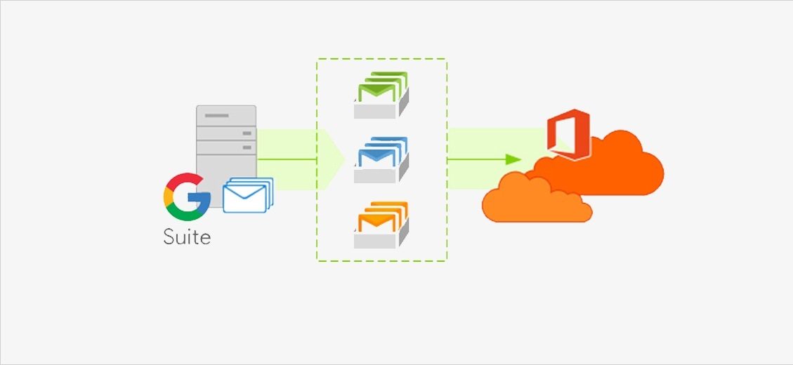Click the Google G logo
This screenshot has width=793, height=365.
pyautogui.click(x=187, y=197)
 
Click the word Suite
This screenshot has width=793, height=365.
pyautogui.click(x=187, y=237)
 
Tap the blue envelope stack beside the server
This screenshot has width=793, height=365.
pyautogui.click(x=248, y=195)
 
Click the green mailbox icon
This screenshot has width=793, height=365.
pyautogui.click(x=381, y=95)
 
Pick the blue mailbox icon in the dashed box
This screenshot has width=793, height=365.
pyautogui.click(x=381, y=160)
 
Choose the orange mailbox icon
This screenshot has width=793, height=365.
pyautogui.click(x=381, y=225)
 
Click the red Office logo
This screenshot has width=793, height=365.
pyautogui.click(x=569, y=135)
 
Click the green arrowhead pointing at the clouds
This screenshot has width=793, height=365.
pyautogui.click(x=513, y=159)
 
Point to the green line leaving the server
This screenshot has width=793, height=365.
pyautogui.click(x=287, y=159)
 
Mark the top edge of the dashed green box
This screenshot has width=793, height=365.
pyautogui.click(x=382, y=59)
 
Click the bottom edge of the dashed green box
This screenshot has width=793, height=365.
pyautogui.click(x=382, y=261)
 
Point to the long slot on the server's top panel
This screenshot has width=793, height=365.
pyautogui.click(x=217, y=116)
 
